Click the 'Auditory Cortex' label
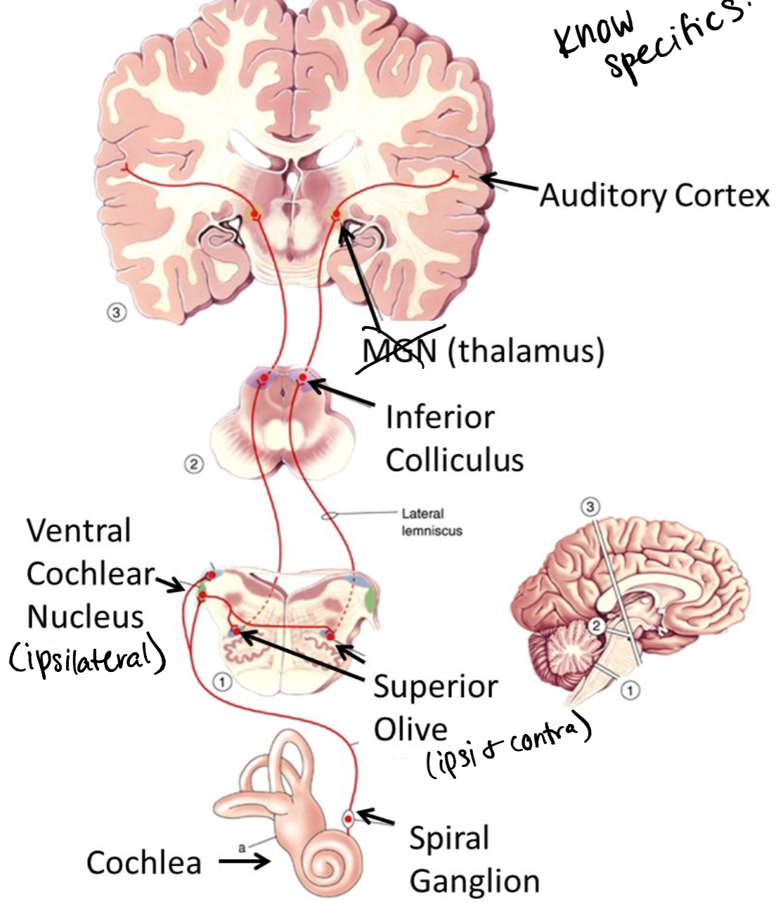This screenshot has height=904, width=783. (654, 195)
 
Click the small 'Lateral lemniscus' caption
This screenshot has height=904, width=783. (432, 522)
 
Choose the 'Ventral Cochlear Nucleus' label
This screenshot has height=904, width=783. (86, 574)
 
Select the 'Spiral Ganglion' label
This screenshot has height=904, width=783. (474, 859)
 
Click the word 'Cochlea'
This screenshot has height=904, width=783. (144, 862)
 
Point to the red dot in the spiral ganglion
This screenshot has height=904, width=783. (348, 819)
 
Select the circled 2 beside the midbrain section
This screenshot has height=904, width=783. (194, 464)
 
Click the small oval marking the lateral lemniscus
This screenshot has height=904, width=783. (328, 516)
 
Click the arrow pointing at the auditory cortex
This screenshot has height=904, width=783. (509, 184)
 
